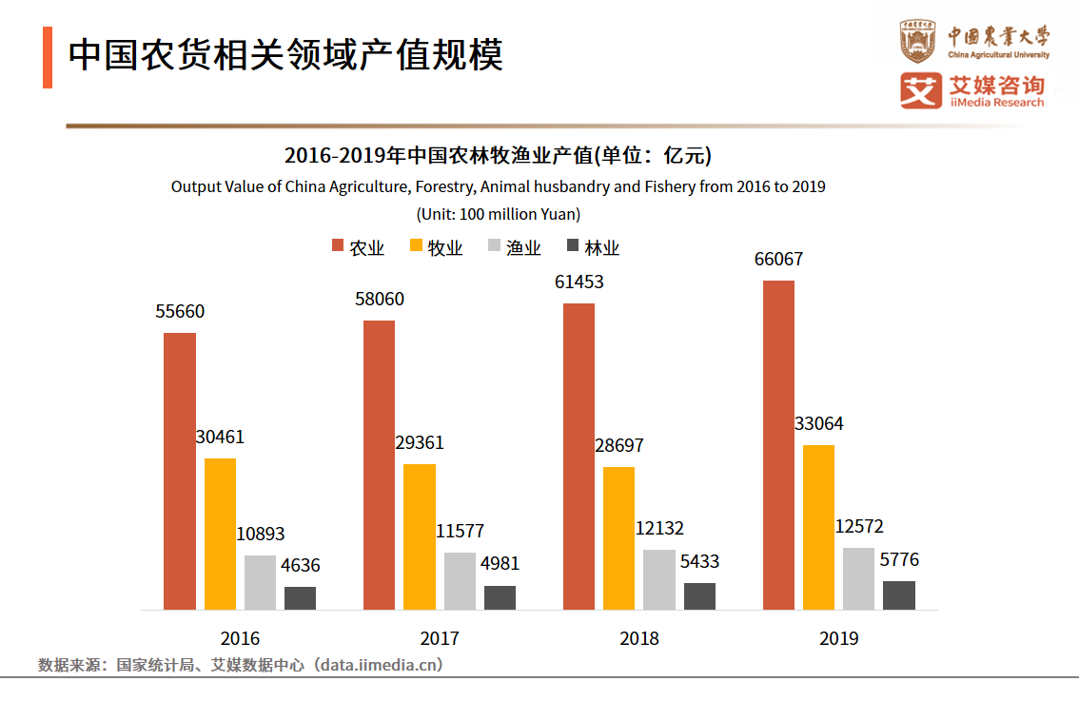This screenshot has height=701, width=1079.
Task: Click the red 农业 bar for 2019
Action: point(778,444)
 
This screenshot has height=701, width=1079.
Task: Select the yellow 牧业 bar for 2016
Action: point(220,533)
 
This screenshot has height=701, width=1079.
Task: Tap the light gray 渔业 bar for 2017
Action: point(460,580)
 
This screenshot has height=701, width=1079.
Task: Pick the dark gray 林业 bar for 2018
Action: point(699,595)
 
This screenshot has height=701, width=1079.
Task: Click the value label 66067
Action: point(778,260)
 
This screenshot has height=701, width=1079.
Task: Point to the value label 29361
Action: point(420,443)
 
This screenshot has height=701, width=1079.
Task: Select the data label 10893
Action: point(260,535)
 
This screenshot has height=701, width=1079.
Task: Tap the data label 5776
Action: point(899,560)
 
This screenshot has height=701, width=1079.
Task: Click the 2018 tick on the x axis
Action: point(638,638)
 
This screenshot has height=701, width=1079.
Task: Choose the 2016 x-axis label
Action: point(239,638)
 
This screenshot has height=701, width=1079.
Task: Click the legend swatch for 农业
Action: point(338,246)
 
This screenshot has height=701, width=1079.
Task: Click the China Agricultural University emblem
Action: point(918,41)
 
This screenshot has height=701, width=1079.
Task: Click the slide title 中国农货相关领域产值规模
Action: point(285,55)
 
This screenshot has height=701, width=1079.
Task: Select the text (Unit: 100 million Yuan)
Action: point(498,214)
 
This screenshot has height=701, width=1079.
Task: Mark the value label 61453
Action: point(579,282)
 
